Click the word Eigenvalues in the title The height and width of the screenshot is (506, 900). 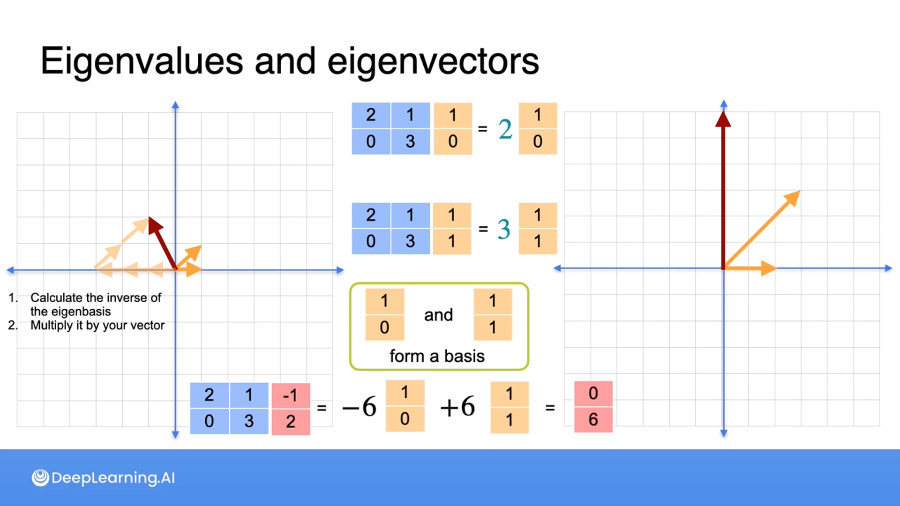[x=142, y=61]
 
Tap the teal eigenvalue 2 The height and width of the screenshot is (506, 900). [x=505, y=129]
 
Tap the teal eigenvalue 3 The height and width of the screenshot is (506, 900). [x=503, y=229]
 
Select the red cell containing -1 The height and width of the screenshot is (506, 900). [x=291, y=395]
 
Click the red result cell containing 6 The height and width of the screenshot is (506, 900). [x=593, y=419]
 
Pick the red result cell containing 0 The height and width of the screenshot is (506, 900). [x=593, y=393]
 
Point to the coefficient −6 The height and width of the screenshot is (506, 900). [x=360, y=406]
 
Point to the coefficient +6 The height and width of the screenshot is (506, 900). [x=457, y=406]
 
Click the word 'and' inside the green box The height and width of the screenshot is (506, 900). [x=438, y=315]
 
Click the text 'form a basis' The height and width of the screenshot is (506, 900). [x=437, y=356]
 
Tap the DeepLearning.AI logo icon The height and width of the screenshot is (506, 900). [x=40, y=477]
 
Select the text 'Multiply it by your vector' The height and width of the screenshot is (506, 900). [x=97, y=325]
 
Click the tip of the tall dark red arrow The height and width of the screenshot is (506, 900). [x=723, y=115]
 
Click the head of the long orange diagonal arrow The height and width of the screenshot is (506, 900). [x=794, y=197]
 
